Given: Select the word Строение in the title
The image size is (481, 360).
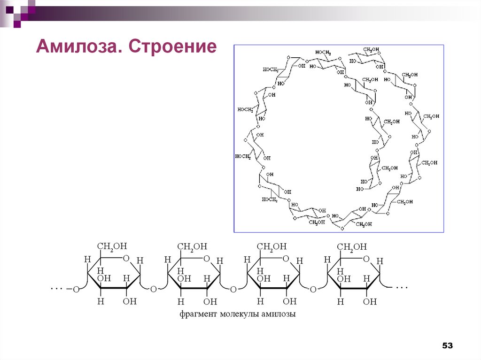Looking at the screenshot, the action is click(x=172, y=47).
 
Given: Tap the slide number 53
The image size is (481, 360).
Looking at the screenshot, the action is click(x=447, y=345).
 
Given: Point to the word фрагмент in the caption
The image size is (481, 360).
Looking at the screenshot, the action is click(x=197, y=314).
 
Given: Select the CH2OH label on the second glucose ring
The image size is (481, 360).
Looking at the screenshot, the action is click(x=192, y=246).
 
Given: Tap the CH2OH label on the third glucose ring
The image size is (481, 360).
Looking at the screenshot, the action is click(x=272, y=246).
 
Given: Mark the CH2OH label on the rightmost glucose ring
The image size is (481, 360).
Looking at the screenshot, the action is click(x=352, y=246).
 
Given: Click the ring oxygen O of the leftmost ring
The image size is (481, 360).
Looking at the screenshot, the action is click(x=126, y=258).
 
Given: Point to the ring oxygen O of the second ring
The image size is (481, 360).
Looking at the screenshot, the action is click(x=206, y=258).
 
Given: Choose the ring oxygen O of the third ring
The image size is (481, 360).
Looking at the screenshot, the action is click(x=286, y=258).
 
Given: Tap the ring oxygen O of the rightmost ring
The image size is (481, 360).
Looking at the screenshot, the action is click(x=366, y=258).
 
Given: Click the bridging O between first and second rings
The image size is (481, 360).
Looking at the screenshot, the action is click(x=153, y=290).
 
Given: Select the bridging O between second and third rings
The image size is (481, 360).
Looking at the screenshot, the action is click(x=233, y=290).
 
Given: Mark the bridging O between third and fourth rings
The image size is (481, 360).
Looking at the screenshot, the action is click(x=313, y=290).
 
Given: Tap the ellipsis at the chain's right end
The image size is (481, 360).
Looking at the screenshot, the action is click(x=402, y=287).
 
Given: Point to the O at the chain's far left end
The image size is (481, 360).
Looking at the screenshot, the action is click(x=76, y=290).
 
